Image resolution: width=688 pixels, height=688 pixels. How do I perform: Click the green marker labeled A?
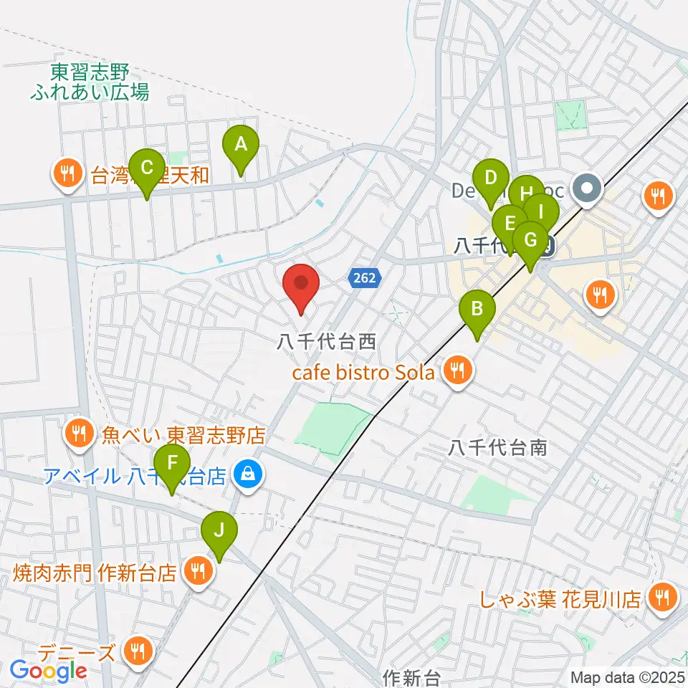(x=241, y=146)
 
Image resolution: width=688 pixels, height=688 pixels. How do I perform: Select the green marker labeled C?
(x=147, y=169)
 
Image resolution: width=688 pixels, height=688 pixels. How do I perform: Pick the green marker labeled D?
(x=491, y=178)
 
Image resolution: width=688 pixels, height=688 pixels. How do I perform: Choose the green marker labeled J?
(x=219, y=531)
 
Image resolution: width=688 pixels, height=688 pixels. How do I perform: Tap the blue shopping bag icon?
(x=249, y=474)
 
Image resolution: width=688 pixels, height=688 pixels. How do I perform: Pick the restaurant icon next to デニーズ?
(x=135, y=651)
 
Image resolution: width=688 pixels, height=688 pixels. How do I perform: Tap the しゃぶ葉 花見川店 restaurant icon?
(x=660, y=597)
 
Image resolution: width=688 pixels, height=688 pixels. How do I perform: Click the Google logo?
(x=48, y=672)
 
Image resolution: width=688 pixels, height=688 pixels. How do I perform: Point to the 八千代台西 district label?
(x=327, y=342)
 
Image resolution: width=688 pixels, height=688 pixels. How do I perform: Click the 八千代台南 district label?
(x=498, y=448)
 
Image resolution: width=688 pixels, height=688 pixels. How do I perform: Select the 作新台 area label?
(x=411, y=677)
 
